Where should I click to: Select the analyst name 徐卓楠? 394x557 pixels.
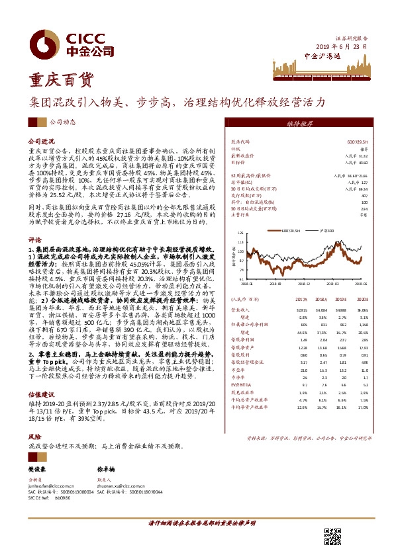point(106,468)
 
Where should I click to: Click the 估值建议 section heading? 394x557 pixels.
point(39,391)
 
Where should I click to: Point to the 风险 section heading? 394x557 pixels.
point(34,437)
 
